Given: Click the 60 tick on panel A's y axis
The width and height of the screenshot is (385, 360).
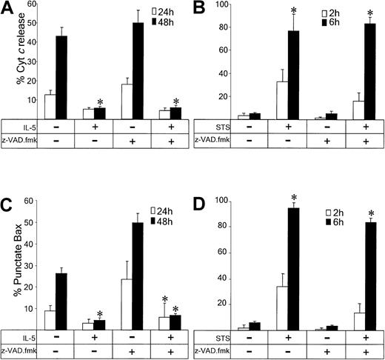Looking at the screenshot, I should click(27, 6).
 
